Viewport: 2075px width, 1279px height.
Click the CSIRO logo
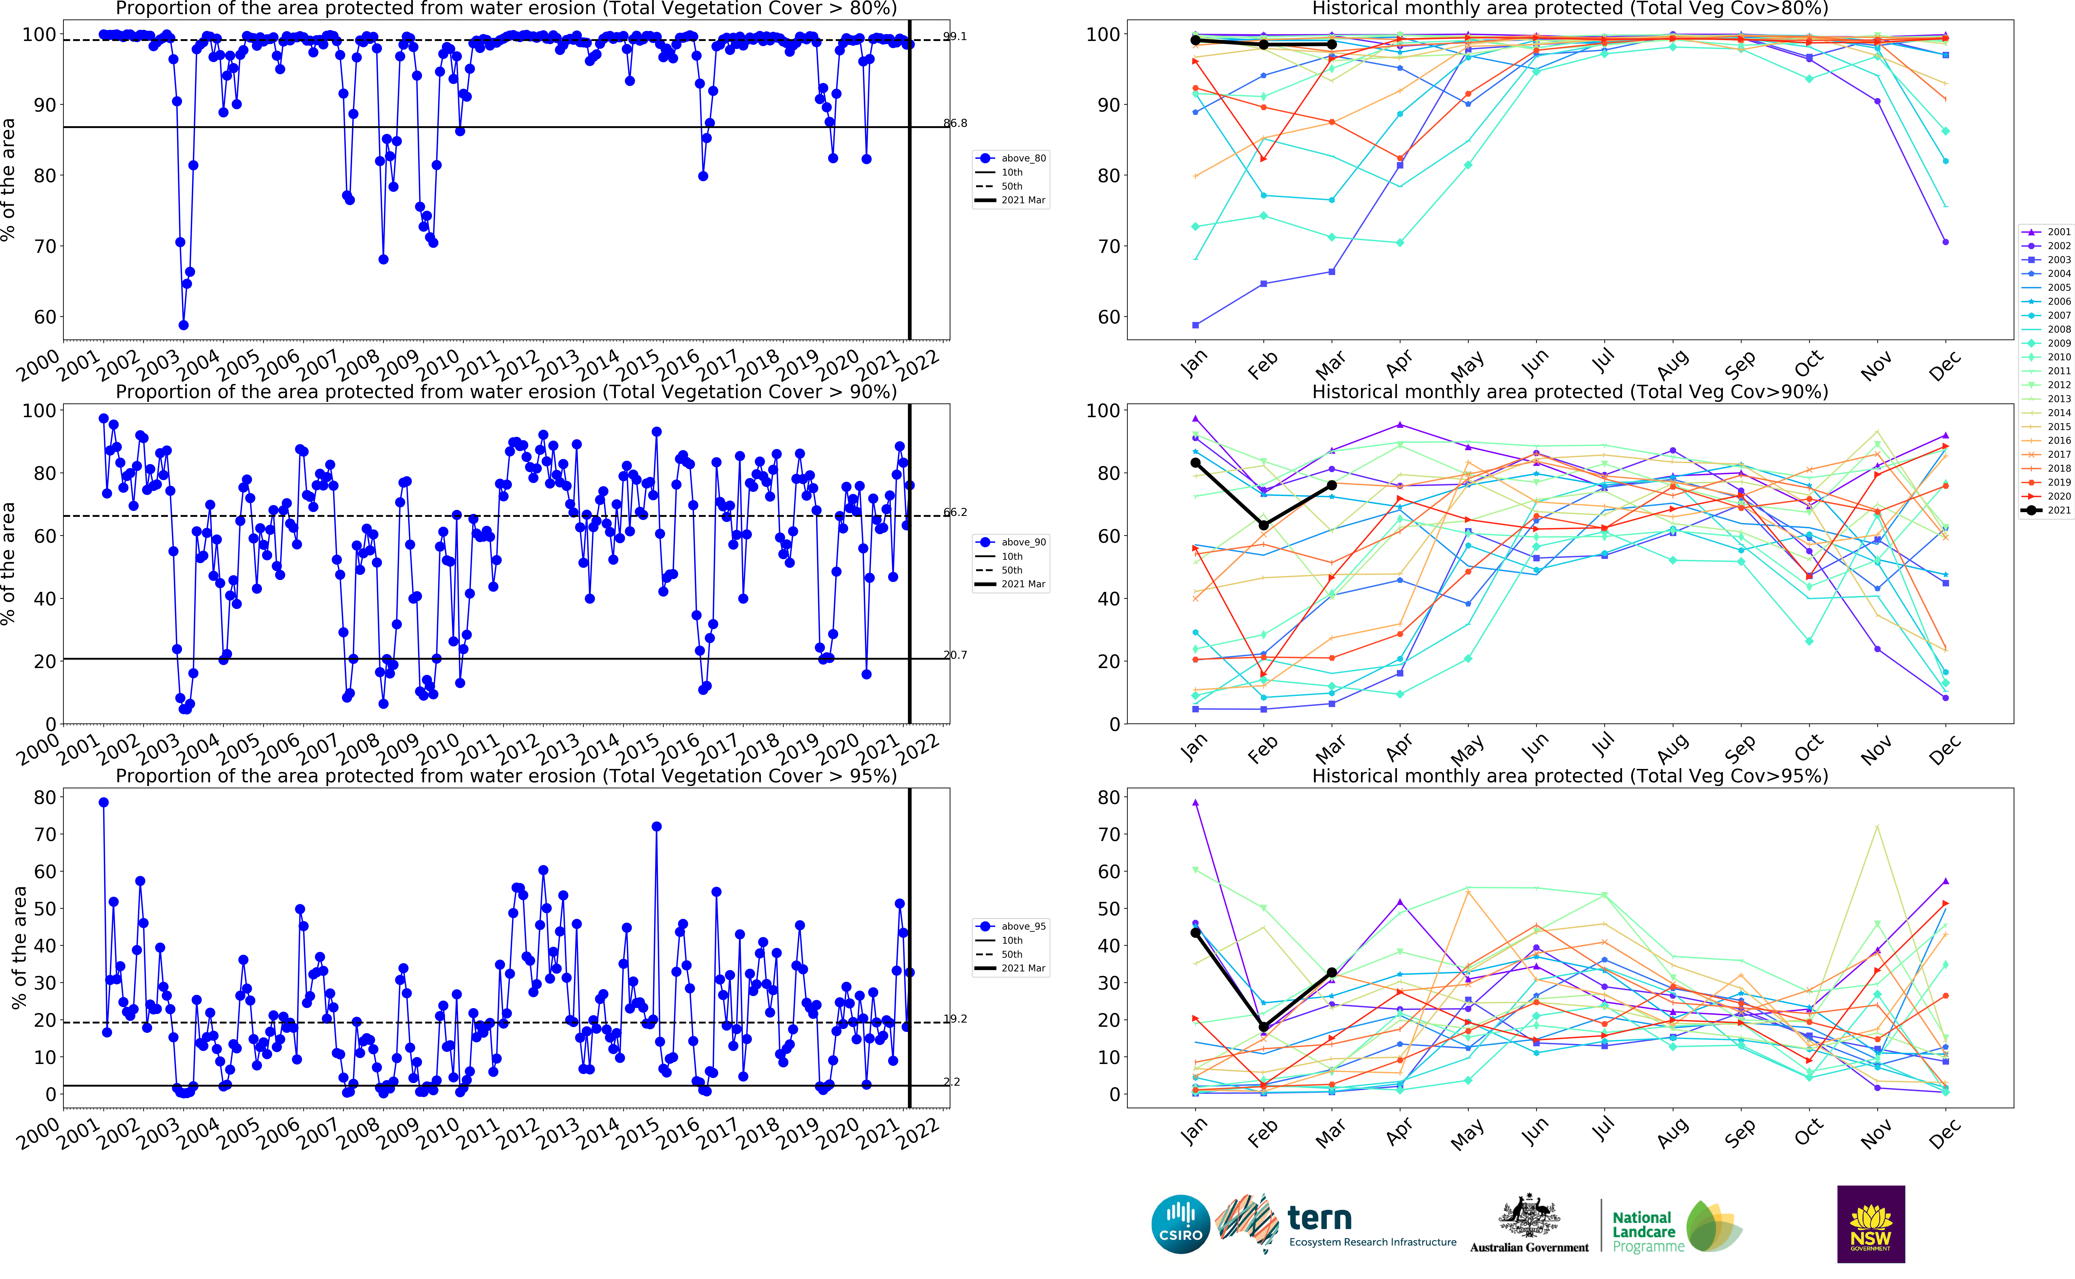click(1180, 1224)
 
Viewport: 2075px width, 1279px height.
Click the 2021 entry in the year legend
click(2046, 510)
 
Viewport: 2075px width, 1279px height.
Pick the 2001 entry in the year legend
click(2046, 232)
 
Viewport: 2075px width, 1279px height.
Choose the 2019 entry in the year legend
click(2046, 482)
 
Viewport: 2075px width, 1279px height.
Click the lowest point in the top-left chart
click(184, 325)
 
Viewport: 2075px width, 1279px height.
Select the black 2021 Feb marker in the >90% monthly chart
click(1263, 525)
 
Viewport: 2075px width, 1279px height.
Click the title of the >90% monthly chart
click(1569, 392)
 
